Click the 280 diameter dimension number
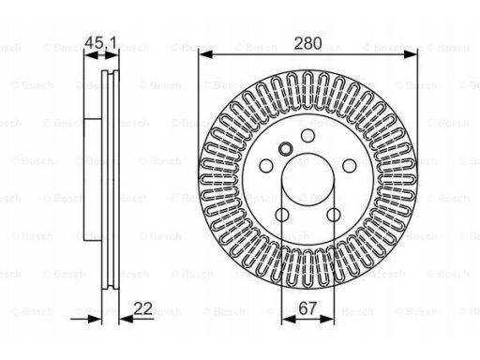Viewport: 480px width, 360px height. [307, 43]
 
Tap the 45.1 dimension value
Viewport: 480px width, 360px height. [101, 42]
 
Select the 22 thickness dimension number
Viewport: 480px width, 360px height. [142, 308]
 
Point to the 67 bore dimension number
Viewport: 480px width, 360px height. [307, 308]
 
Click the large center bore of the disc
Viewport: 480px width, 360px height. [307, 179]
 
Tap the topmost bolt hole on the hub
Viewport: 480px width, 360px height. [307, 135]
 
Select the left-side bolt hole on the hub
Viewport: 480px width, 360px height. [266, 166]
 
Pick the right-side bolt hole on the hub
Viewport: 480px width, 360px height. [350, 166]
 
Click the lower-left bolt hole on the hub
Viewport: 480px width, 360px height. [282, 215]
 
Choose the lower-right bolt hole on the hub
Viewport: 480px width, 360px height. [334, 215]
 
